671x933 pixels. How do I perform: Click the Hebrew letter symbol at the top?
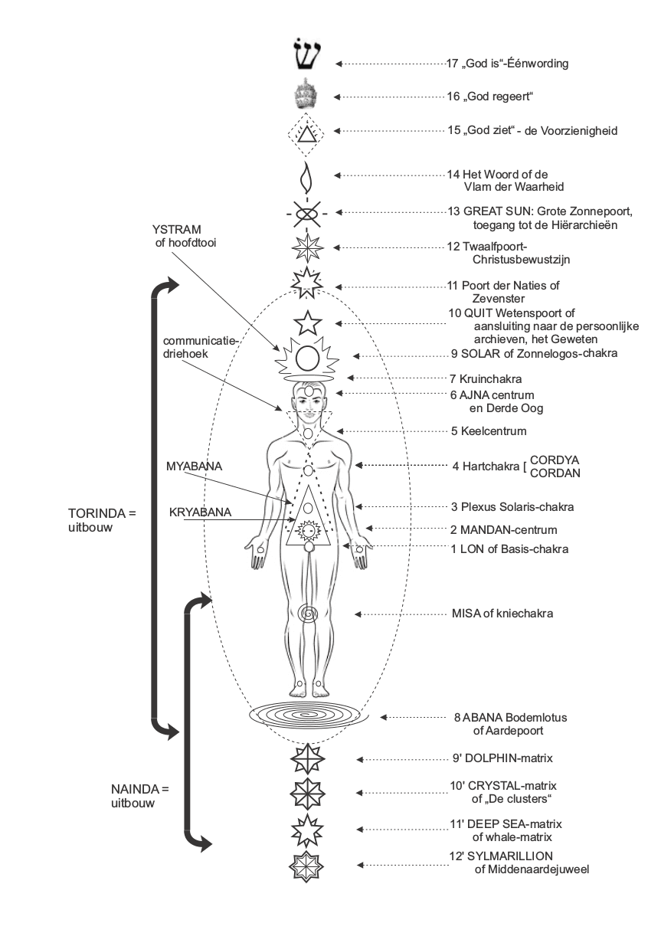[x=306, y=54]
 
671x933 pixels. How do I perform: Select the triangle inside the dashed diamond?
[x=306, y=135]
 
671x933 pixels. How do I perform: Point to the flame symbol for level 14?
[x=307, y=177]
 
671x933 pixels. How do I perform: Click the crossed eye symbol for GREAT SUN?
[x=307, y=214]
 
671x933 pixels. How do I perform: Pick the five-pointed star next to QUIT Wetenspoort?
[x=307, y=322]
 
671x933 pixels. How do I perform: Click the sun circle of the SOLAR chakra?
[x=307, y=358]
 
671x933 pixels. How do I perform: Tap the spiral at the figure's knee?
[x=308, y=614]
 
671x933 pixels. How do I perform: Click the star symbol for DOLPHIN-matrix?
[x=307, y=759]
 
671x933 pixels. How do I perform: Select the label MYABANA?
[x=194, y=466]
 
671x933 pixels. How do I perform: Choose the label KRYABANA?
[x=200, y=512]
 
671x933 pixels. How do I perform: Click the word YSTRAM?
[x=177, y=230]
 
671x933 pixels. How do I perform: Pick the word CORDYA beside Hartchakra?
[x=555, y=460]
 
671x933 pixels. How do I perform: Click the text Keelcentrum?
[x=493, y=430]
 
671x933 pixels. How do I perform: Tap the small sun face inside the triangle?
[x=308, y=531]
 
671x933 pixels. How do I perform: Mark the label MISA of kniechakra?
[x=502, y=613]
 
